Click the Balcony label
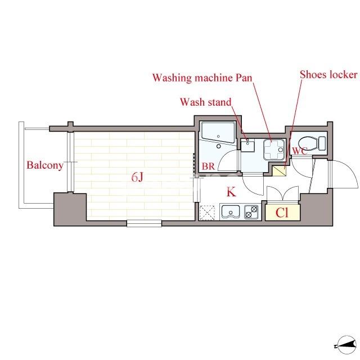click(45, 165)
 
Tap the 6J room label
click(137, 177)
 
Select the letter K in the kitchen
click(231, 192)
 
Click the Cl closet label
click(282, 213)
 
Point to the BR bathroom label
click(208, 166)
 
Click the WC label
click(300, 151)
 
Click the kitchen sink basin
click(231, 211)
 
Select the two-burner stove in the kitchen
click(251, 212)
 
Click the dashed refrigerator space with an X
click(208, 213)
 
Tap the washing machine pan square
click(274, 150)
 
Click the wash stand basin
click(247, 146)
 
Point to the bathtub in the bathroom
click(218, 133)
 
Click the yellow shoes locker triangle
click(279, 170)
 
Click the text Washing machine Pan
click(202, 78)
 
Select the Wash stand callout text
click(206, 102)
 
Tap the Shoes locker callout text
click(328, 75)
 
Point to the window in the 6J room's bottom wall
click(144, 223)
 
